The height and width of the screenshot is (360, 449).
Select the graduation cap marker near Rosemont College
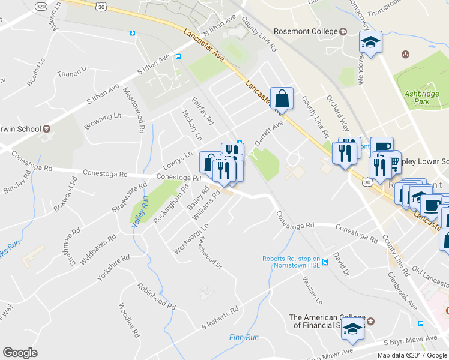click(370, 43)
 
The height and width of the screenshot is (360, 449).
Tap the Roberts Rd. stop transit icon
click(325, 262)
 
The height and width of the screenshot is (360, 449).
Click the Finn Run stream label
click(244, 337)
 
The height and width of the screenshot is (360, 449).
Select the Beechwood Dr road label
click(211, 254)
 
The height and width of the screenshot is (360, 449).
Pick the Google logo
click(20, 353)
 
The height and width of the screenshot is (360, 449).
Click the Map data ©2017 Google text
click(412, 355)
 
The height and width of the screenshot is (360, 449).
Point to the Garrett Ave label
click(268, 131)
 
